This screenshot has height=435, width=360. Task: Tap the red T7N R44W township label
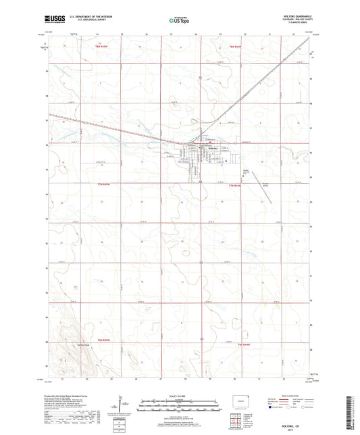click(234, 186)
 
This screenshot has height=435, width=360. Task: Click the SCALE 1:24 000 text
click(179, 395)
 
